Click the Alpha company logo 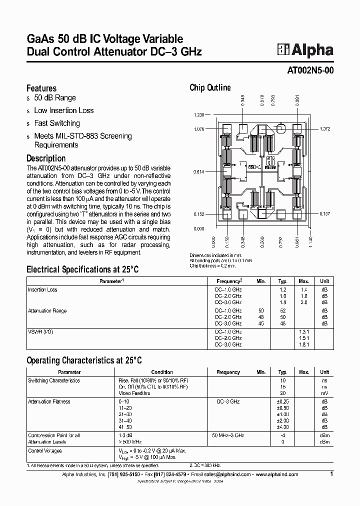tap(305, 49)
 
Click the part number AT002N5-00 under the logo tap(310, 70)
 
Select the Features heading tap(41, 88)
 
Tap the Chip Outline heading tap(210, 87)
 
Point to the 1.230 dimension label tap(198, 115)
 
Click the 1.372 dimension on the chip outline tap(325, 129)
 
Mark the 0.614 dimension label tap(198, 172)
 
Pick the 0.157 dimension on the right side tap(325, 213)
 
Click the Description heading tap(46, 158)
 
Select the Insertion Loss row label tap(43, 289)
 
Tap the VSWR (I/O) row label tap(40, 331)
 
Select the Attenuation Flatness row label tap(49, 401)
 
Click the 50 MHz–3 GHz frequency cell tap(228, 435)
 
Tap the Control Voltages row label tap(45, 450)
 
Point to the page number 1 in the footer tap(331, 474)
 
